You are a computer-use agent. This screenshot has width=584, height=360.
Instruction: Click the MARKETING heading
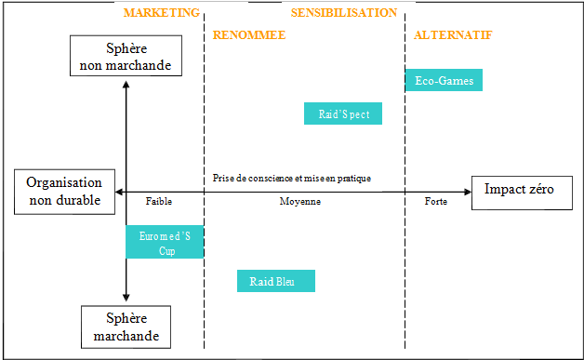point(161,13)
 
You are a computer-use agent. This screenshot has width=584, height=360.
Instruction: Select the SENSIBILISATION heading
point(344,13)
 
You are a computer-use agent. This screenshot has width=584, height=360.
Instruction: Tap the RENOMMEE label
point(249,35)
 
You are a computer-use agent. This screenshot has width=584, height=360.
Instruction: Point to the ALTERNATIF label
point(453,35)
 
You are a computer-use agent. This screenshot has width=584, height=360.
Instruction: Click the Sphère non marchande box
point(126,56)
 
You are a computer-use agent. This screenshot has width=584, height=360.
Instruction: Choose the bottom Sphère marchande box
point(126,327)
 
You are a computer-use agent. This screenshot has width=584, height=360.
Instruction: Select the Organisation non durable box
point(63,192)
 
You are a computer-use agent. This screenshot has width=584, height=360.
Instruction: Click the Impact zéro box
point(521,191)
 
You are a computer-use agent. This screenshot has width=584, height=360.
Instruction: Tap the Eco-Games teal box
point(445,81)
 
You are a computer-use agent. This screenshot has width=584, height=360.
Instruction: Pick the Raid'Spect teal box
point(343,113)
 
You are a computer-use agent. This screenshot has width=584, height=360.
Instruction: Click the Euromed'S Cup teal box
point(166,243)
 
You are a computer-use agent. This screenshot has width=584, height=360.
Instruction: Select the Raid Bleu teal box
point(276,281)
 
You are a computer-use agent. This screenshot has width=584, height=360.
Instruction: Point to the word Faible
point(159,201)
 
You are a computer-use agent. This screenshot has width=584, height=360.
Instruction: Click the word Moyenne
point(300,201)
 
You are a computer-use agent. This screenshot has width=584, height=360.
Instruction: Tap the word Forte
point(435,201)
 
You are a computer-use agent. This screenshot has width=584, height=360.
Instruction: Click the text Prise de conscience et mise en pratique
point(292,179)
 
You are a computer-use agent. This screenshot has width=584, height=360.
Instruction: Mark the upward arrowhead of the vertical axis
point(126,86)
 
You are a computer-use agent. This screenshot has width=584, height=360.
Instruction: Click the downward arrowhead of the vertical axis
point(126,298)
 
